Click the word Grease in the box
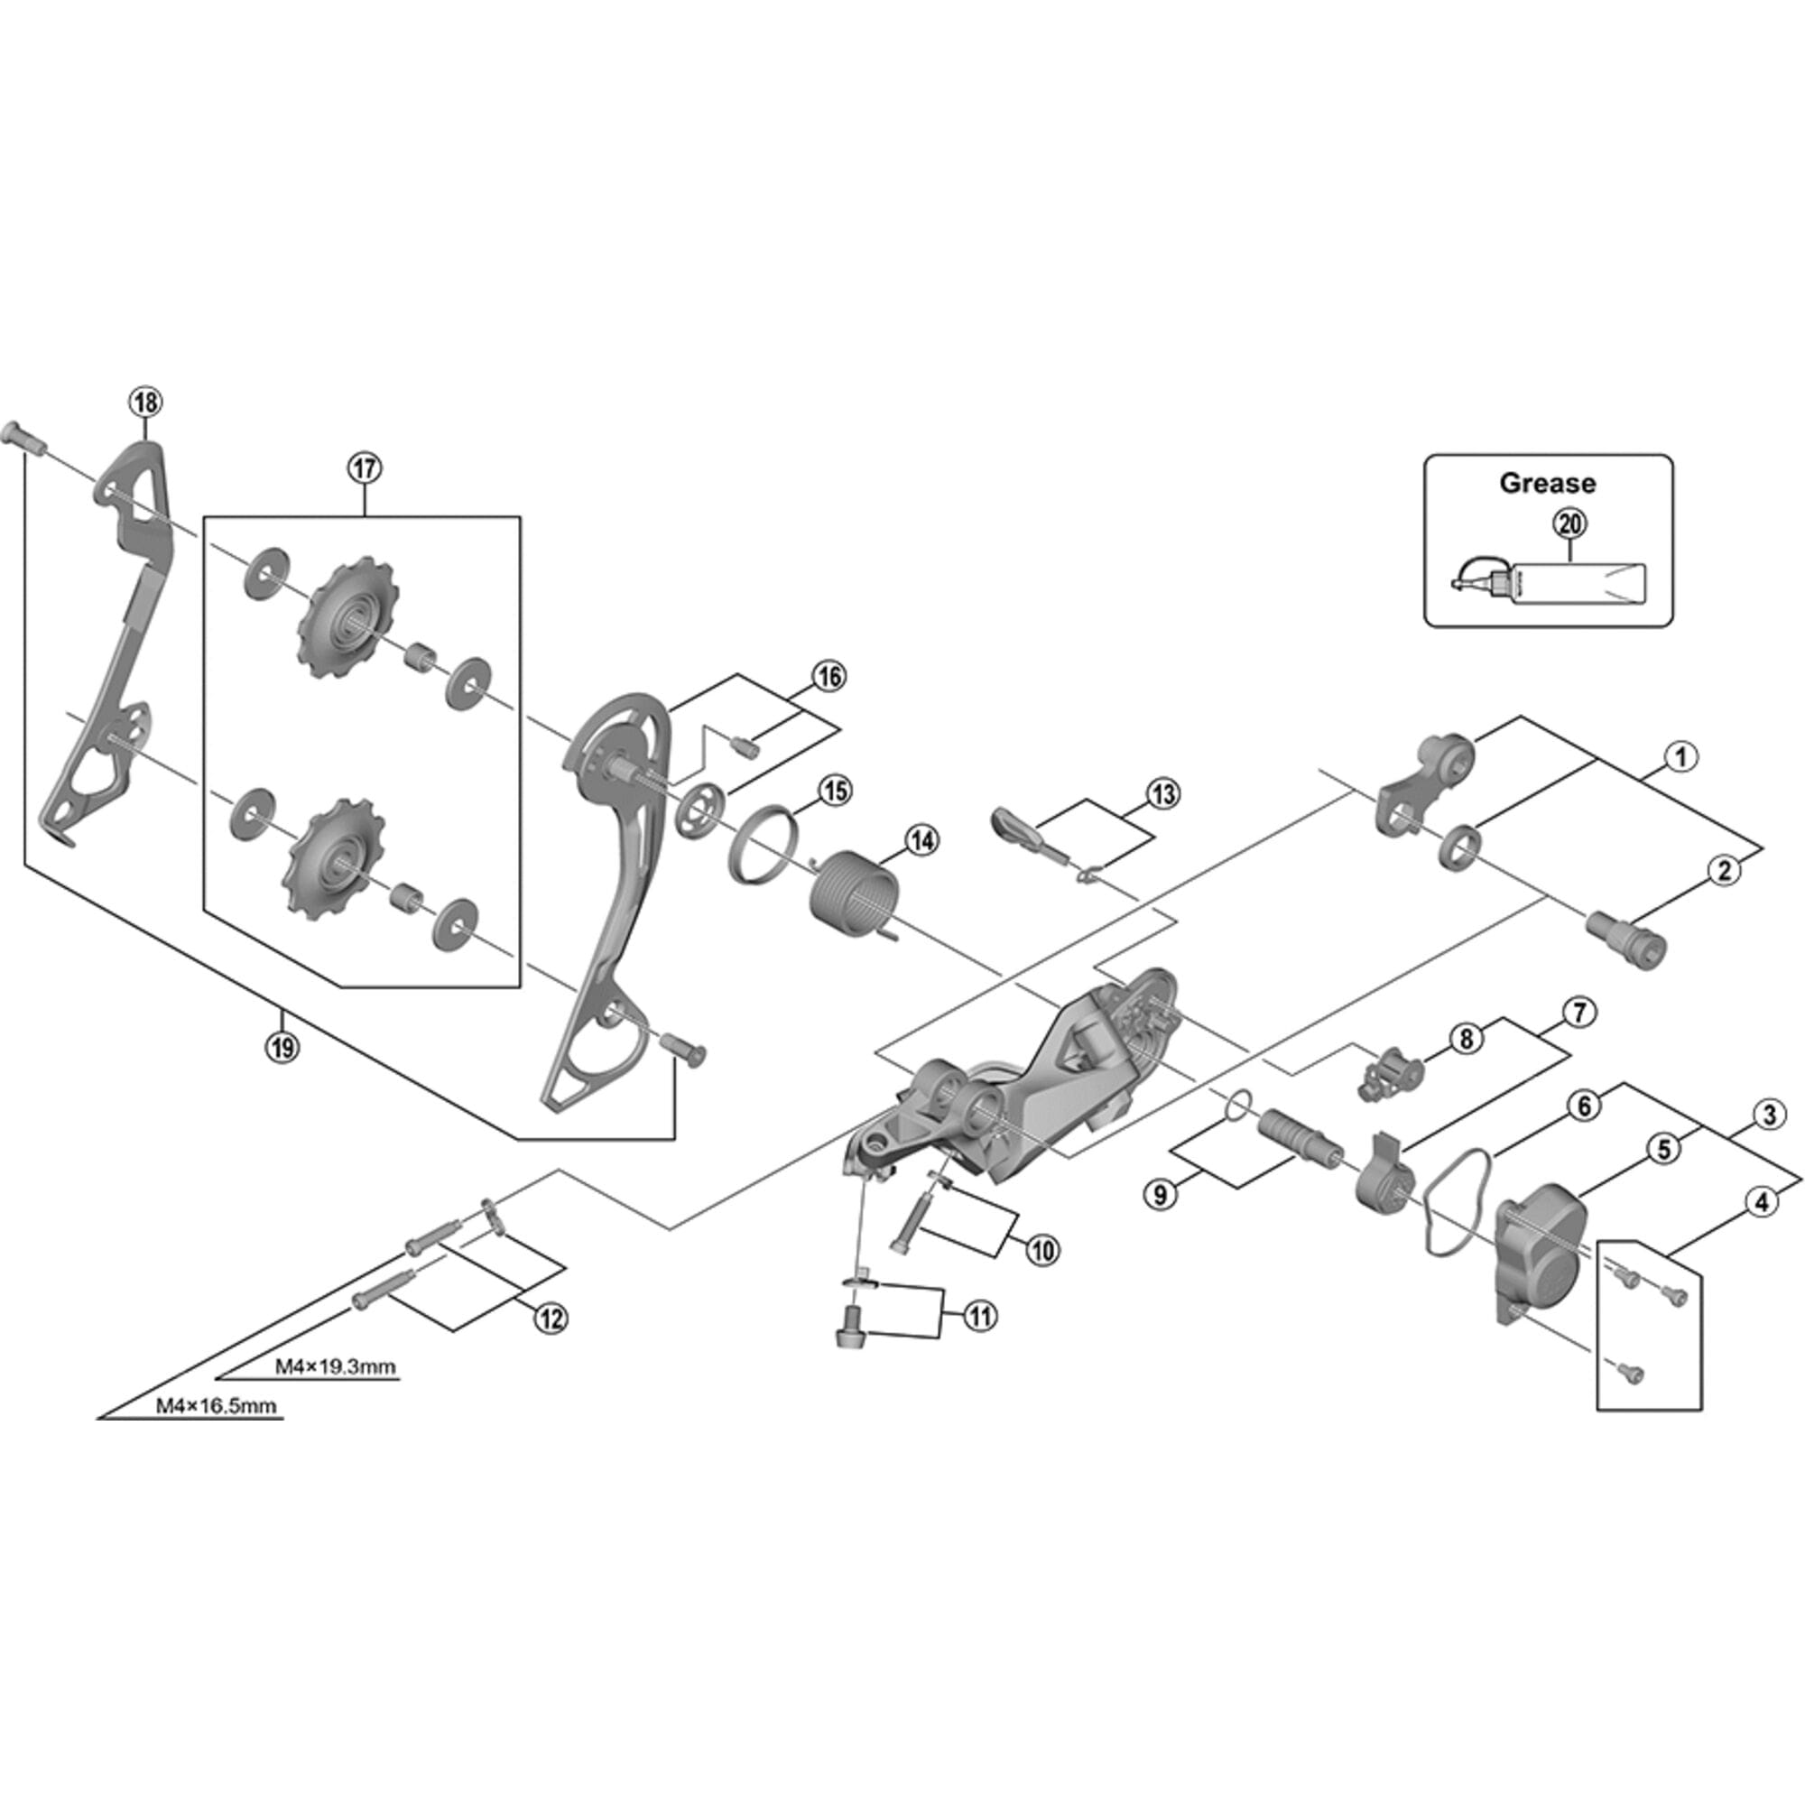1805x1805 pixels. tap(1547, 483)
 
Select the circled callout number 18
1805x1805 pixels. tap(144, 403)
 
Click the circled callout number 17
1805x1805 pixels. tap(365, 467)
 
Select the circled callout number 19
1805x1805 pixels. tap(282, 1046)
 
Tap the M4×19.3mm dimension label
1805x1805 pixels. tap(335, 1366)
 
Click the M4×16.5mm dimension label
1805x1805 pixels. tap(216, 1405)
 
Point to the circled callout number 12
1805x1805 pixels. tap(551, 1319)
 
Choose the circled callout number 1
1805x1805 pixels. tap(1680, 757)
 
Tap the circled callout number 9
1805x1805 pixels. tap(1161, 1194)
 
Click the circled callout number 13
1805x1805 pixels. tap(1162, 794)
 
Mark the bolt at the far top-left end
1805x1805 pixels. tap(20, 436)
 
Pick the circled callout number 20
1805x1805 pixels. tap(1569, 523)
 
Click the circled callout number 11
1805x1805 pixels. tap(979, 1317)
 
